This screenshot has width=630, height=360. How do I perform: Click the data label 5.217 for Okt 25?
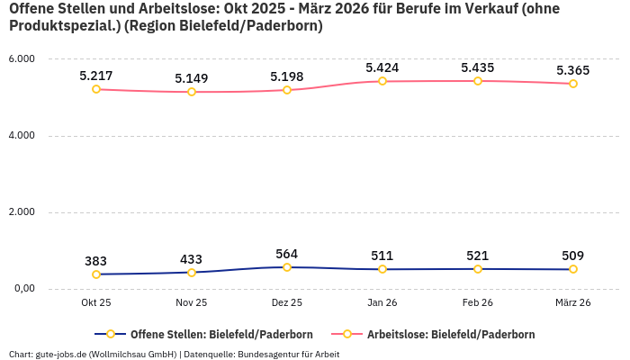click(x=96, y=76)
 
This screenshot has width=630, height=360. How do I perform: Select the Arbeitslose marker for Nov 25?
click(x=192, y=92)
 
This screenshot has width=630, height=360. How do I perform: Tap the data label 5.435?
click(x=478, y=67)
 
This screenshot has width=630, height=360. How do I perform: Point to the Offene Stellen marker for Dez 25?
click(x=287, y=267)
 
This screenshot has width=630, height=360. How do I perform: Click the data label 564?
click(x=287, y=254)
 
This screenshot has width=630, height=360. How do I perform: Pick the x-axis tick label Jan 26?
click(x=382, y=302)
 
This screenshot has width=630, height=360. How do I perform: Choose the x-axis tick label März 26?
click(x=573, y=302)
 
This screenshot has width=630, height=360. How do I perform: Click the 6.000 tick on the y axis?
click(x=21, y=59)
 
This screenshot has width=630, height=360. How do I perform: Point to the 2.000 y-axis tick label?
click(x=21, y=212)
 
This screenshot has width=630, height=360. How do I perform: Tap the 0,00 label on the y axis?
click(x=22, y=289)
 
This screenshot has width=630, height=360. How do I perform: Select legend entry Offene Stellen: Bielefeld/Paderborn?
click(x=208, y=334)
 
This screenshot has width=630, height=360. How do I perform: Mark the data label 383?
click(x=96, y=261)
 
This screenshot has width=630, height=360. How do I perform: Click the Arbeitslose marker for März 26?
click(x=573, y=84)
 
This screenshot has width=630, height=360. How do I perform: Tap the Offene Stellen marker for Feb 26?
click(x=478, y=269)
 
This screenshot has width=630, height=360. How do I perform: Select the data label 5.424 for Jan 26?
click(x=382, y=67)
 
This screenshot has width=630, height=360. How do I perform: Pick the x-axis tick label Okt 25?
click(x=96, y=302)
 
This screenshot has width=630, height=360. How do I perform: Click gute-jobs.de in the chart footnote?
click(x=61, y=354)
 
